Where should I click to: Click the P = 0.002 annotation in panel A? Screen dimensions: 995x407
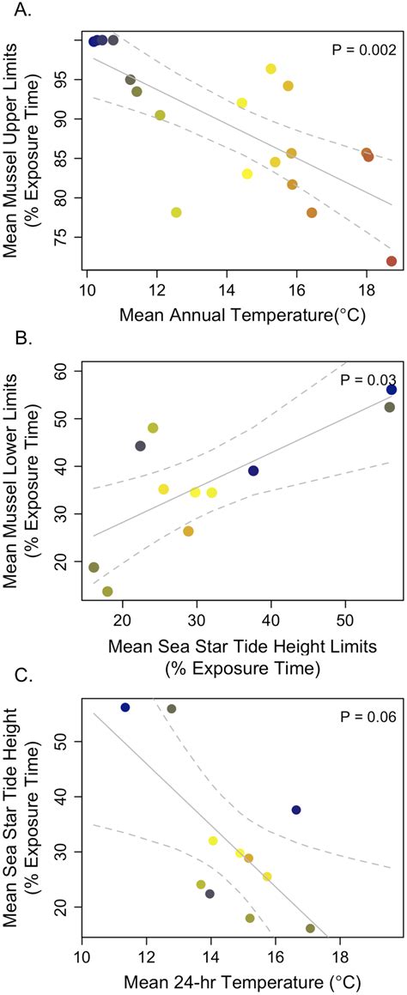coord(363,51)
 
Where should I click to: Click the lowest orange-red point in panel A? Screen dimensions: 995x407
coord(392,261)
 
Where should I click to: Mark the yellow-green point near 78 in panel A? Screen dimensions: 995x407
coord(176,212)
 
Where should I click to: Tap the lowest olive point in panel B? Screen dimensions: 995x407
coord(107,592)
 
